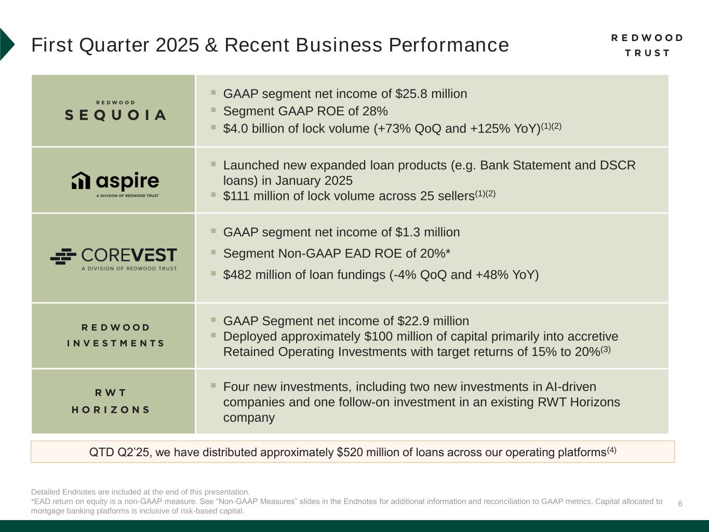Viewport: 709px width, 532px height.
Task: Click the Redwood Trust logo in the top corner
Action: tap(647, 45)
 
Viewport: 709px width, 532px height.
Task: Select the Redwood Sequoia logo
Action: tap(115, 111)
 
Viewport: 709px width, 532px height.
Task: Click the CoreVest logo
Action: tap(114, 258)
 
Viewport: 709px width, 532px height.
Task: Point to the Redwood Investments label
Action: tap(115, 335)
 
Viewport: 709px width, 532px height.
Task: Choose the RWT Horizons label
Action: tap(111, 401)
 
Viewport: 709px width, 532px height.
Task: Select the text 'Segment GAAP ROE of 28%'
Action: tap(305, 111)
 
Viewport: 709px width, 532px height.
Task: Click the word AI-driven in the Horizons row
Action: tap(571, 387)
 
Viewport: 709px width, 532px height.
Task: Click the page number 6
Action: tap(680, 504)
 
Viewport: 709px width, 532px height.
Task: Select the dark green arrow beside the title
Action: tap(7, 45)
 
